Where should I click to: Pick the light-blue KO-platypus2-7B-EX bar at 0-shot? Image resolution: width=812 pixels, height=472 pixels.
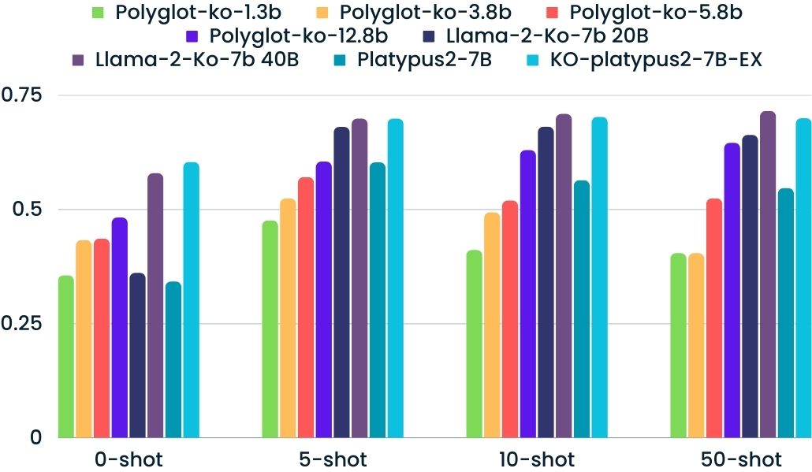click(191, 299)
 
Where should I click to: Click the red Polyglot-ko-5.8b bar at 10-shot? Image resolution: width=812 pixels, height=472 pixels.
click(510, 319)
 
